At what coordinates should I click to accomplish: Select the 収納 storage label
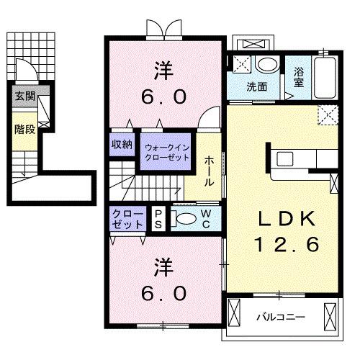pyautogui.click(x=122, y=144)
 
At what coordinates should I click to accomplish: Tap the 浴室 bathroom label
pyautogui.click(x=299, y=78)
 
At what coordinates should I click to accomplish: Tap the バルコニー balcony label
pyautogui.click(x=281, y=316)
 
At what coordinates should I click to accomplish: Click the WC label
pyautogui.click(x=206, y=217)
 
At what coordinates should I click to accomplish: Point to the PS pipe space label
pyautogui.click(x=158, y=217)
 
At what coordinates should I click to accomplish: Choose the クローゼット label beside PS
pyautogui.click(x=127, y=218)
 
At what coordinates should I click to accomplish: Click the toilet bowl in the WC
pyautogui.click(x=185, y=219)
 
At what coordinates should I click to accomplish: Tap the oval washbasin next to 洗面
pyautogui.click(x=266, y=65)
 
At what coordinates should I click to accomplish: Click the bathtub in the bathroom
pyautogui.click(x=326, y=77)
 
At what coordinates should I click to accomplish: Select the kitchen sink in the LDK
pyautogui.click(x=283, y=158)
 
